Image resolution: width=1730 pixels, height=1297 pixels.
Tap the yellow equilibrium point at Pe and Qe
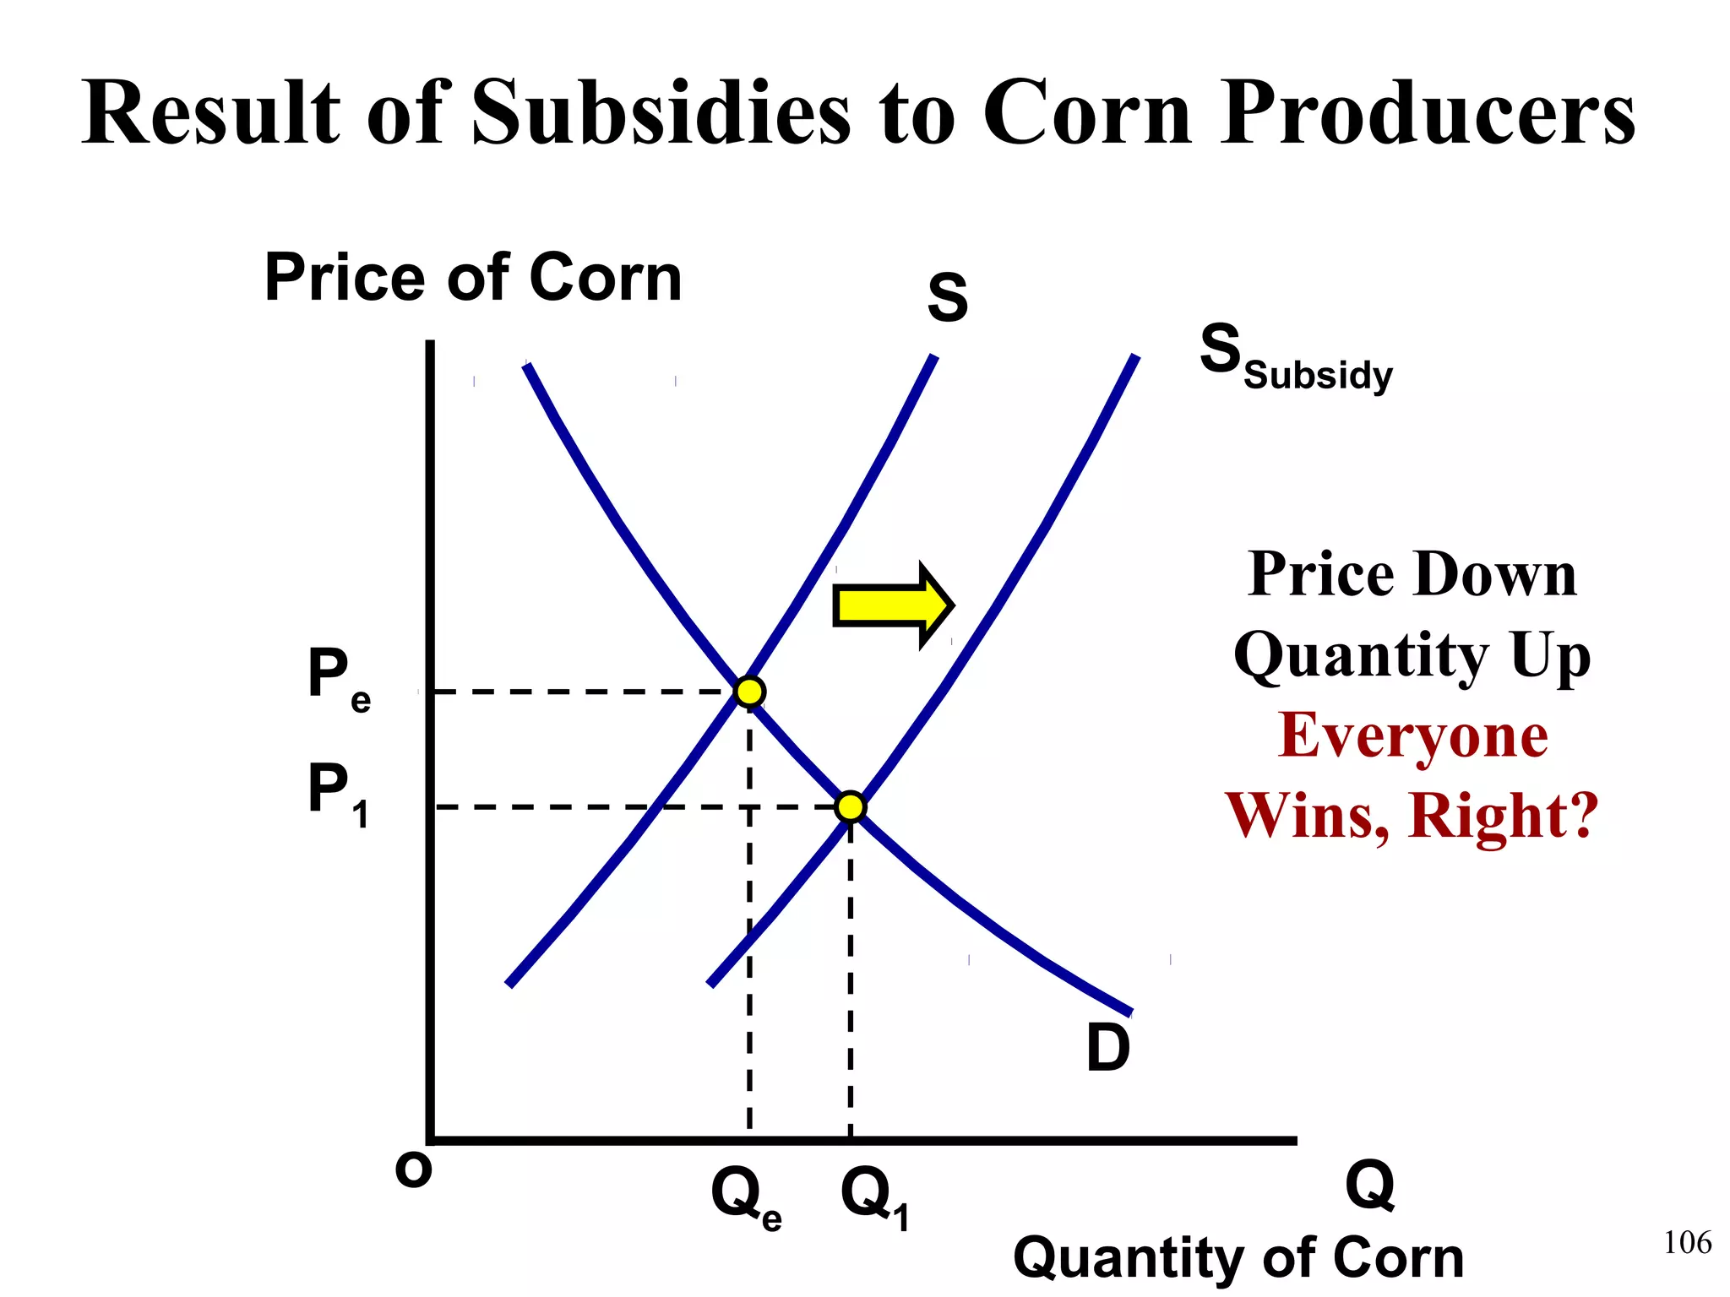(x=749, y=692)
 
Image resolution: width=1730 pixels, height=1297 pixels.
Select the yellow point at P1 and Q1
(x=851, y=807)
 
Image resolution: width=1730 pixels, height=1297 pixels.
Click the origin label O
(x=414, y=1170)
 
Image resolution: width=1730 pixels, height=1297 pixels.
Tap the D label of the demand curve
(x=1107, y=1048)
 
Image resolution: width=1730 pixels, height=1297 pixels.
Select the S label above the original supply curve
(x=948, y=298)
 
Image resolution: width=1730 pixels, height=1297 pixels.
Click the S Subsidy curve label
(x=1295, y=358)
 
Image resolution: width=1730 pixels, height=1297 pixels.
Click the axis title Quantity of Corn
(x=1238, y=1257)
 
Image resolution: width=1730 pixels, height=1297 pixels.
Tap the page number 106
(x=1687, y=1242)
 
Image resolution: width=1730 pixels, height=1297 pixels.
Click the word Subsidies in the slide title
(x=661, y=113)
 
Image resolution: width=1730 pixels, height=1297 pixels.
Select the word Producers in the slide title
(x=1427, y=113)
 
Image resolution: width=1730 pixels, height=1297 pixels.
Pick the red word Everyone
(x=1412, y=735)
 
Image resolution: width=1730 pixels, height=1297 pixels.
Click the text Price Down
(x=1412, y=574)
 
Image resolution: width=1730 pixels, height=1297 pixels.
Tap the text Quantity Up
(x=1412, y=655)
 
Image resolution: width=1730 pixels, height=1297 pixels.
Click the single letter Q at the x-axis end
(x=1369, y=1186)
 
